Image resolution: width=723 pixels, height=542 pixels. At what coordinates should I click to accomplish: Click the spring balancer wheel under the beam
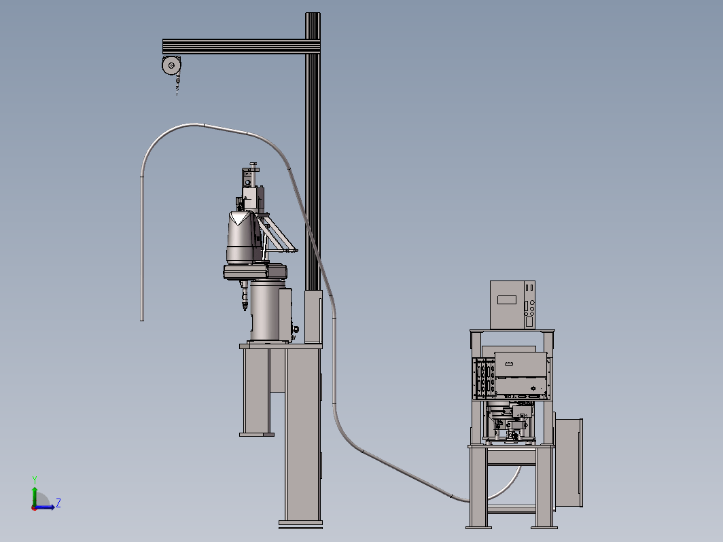click(x=171, y=65)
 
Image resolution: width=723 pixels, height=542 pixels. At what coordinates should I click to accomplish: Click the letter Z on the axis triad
click(x=58, y=503)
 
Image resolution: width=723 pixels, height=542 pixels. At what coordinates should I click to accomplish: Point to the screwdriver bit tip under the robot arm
click(x=245, y=308)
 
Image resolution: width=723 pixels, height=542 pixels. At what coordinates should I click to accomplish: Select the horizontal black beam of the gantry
click(x=241, y=47)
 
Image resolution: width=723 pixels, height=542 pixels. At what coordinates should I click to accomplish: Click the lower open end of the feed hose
click(x=142, y=319)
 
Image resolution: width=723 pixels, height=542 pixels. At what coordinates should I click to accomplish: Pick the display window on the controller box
click(x=507, y=300)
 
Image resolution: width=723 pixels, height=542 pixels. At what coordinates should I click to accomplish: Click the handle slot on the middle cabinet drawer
click(x=508, y=364)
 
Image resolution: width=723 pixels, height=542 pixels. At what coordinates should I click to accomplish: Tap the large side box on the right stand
click(x=569, y=463)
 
